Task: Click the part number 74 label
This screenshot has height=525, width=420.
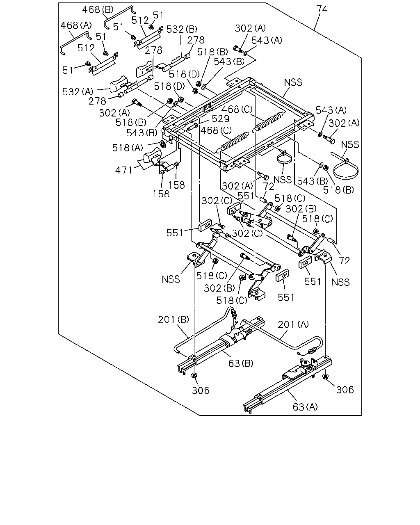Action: [x=322, y=9]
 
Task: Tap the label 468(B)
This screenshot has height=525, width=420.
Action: [x=98, y=10]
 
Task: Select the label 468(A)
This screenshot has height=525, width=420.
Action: [x=76, y=25]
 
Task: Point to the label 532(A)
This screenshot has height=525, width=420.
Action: [x=78, y=92]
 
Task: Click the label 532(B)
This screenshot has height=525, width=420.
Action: [x=182, y=29]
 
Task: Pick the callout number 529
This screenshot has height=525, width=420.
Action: [x=220, y=119]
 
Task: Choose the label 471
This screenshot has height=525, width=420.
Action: [x=124, y=170]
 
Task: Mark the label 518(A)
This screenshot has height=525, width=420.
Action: [x=128, y=148]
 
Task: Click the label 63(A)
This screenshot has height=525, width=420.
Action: [x=305, y=407]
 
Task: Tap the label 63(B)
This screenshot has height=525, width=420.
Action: [x=241, y=363]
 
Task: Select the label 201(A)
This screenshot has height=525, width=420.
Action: [x=293, y=324]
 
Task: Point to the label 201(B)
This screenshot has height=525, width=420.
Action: [x=173, y=320]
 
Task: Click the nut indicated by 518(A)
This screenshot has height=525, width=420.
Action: [x=163, y=144]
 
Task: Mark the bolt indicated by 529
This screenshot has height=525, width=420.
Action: [x=193, y=127]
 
